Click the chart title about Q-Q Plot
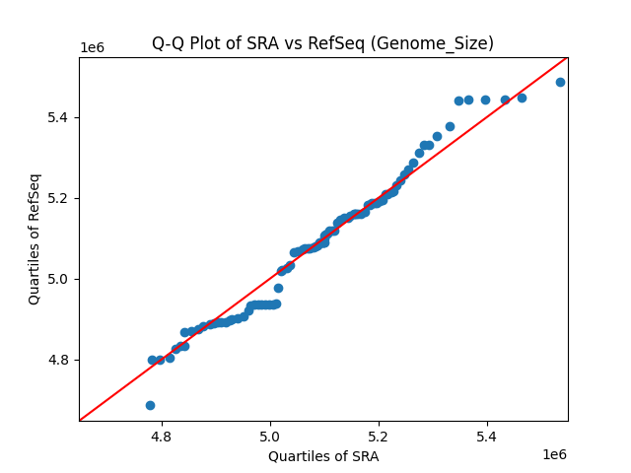322,43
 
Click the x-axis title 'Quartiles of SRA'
322,456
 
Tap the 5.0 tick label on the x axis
271,435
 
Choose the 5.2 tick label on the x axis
380,435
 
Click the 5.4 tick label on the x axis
488,435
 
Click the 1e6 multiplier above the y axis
92,47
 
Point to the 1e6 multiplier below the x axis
553,454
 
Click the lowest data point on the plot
150,405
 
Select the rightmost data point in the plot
560,82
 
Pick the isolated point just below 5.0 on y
278,288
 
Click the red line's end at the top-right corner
567,57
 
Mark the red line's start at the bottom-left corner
80,420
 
